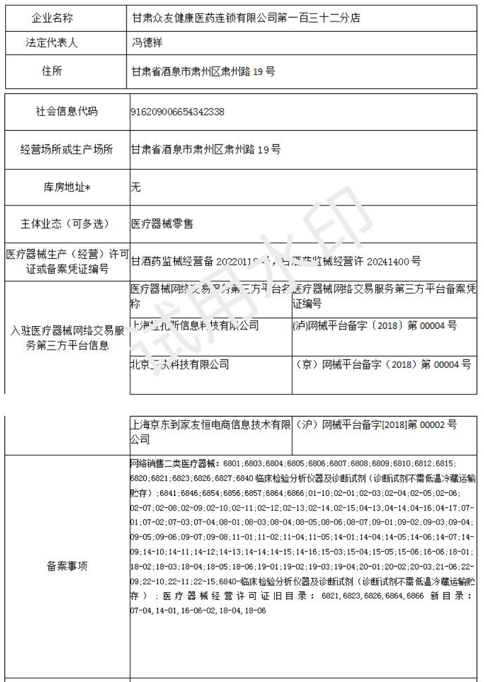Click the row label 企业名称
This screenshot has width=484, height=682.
click(x=53, y=18)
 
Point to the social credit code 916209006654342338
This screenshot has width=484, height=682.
click(x=178, y=111)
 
